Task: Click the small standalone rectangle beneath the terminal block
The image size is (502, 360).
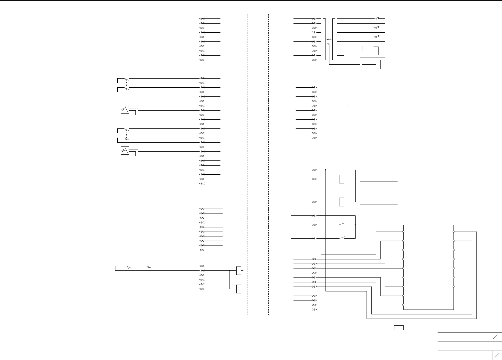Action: pos(399,328)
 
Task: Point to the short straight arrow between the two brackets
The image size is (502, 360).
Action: pos(329,39)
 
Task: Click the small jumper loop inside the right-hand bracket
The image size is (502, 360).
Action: pos(341,58)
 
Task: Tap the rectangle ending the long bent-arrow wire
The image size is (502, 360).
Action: pos(379,64)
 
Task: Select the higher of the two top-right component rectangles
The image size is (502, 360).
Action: pos(376,51)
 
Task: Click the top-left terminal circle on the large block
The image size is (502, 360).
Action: pos(403,232)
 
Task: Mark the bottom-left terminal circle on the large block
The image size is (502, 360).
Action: pos(403,305)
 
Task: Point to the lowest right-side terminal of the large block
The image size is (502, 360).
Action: pos(454,287)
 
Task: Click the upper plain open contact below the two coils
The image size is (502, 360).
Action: pos(342,224)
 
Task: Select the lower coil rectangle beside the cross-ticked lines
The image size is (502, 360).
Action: pos(342,202)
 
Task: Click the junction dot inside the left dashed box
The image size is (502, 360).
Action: pos(229,270)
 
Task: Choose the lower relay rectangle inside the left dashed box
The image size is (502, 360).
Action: pos(239,289)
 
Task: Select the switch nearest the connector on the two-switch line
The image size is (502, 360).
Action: pos(149,267)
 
